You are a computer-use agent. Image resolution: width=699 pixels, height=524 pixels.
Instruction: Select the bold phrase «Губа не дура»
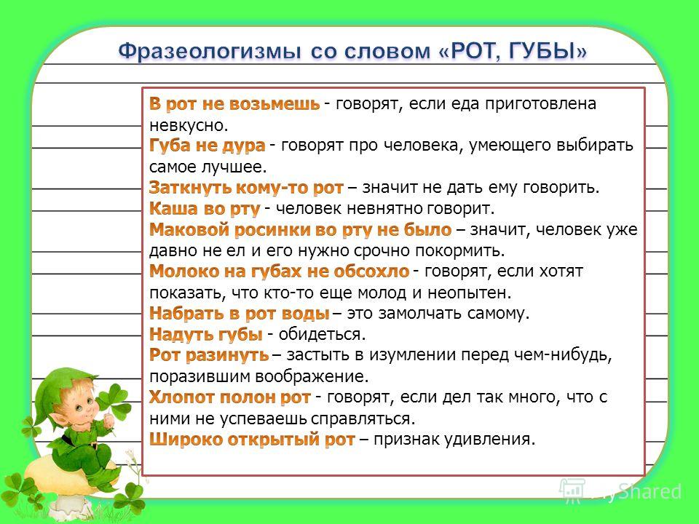[x=208, y=146]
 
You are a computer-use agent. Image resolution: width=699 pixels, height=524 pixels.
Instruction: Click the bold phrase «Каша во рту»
[x=205, y=209]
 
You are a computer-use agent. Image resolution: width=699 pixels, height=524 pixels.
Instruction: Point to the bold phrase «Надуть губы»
[x=206, y=334]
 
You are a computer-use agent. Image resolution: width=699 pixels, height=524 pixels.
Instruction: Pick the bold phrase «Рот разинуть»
[x=209, y=355]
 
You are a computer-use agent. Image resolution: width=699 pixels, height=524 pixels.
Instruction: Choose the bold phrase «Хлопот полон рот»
[x=230, y=397]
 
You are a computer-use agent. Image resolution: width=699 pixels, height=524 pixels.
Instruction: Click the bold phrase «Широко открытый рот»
[x=253, y=440]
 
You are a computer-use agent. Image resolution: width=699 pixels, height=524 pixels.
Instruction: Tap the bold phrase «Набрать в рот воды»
[x=240, y=313]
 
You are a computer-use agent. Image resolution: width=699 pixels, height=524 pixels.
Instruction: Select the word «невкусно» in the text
[x=189, y=125]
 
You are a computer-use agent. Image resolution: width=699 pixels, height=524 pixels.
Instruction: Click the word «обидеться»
[x=322, y=334]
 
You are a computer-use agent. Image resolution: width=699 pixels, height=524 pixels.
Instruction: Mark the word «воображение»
[x=312, y=376]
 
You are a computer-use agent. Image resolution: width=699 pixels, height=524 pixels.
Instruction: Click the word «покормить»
[x=460, y=251]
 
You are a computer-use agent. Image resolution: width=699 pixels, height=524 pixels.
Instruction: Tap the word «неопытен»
[x=470, y=293]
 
